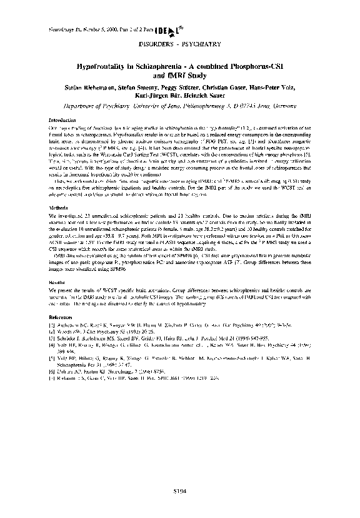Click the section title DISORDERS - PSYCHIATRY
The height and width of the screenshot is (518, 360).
coord(179,45)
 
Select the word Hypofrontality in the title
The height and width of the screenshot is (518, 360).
coord(99,66)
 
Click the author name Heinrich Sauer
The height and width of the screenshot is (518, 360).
coord(205,96)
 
